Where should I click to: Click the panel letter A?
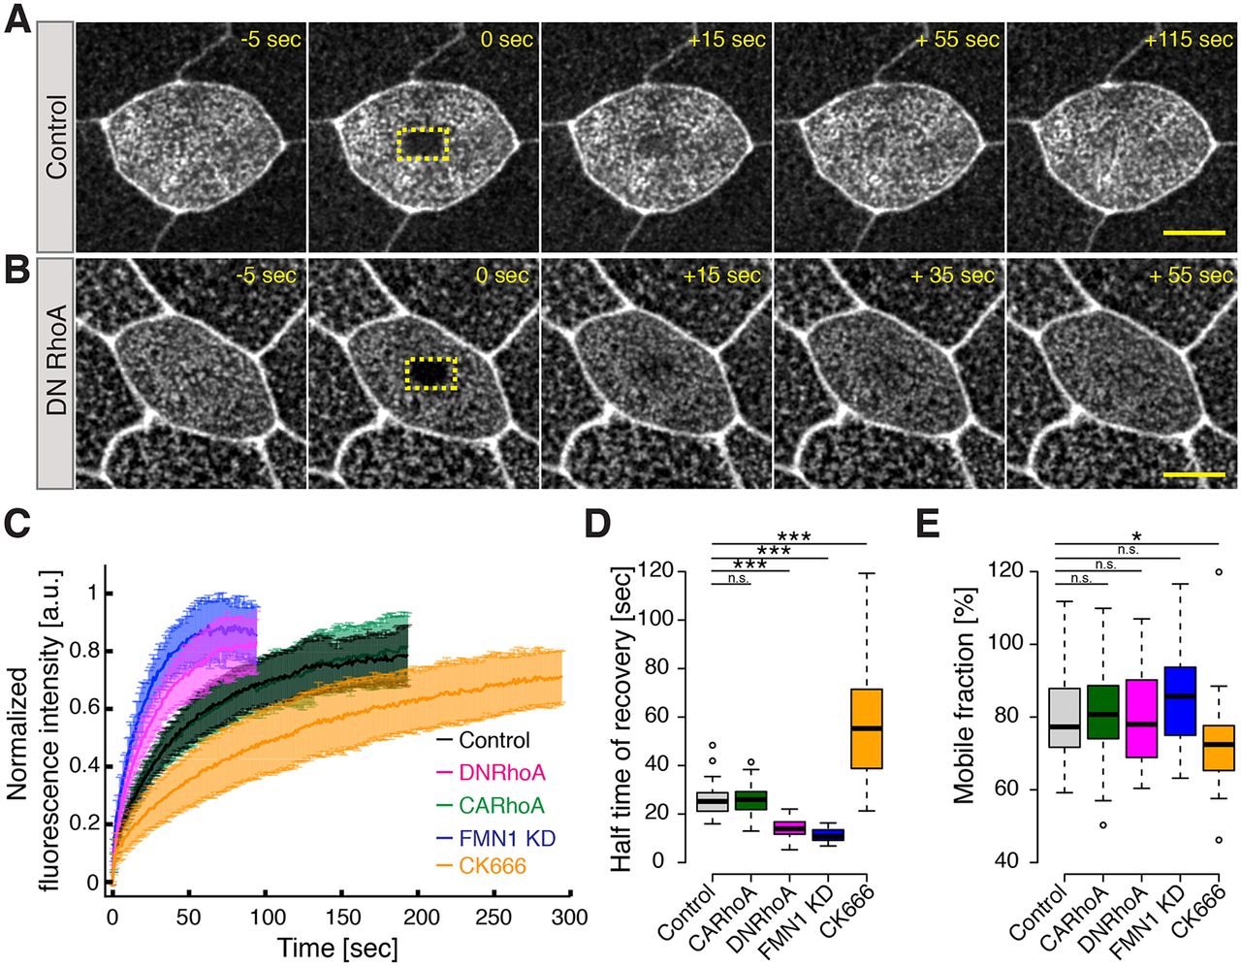pyautogui.click(x=17, y=19)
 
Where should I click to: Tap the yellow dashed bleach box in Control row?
pyautogui.click(x=423, y=144)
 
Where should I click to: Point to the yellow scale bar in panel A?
pyautogui.click(x=1193, y=233)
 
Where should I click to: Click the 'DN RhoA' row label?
pyautogui.click(x=56, y=360)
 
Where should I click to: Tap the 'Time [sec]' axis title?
pyautogui.click(x=337, y=947)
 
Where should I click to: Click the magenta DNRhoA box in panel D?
pyautogui.click(x=789, y=827)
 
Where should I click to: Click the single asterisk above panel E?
pyautogui.click(x=1135, y=536)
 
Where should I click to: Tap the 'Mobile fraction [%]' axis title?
pyautogui.click(x=964, y=716)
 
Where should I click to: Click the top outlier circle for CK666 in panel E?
pyautogui.click(x=1218, y=572)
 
